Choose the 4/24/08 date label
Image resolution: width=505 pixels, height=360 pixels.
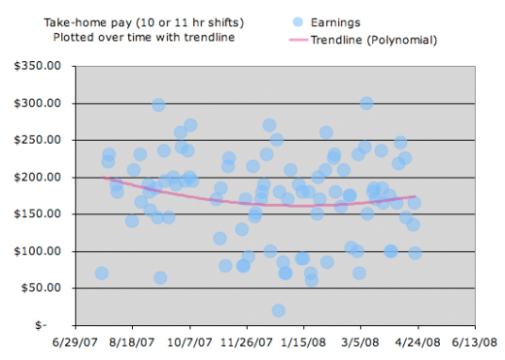click(418, 343)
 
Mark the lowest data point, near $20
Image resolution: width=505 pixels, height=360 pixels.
click(279, 311)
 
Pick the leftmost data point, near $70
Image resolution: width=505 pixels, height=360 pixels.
click(101, 274)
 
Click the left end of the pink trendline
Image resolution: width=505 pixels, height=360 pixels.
click(104, 178)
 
